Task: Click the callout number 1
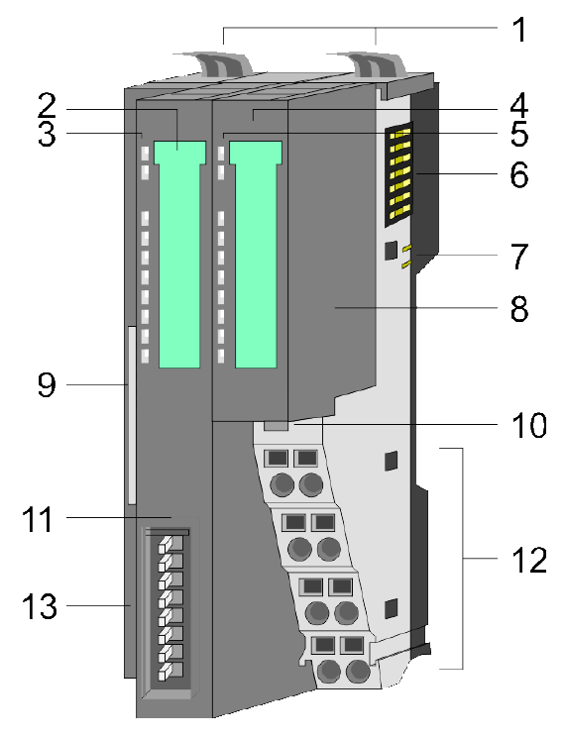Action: [x=519, y=30]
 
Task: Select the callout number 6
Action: [x=519, y=175]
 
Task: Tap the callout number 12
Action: [x=529, y=561]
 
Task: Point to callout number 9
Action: [x=47, y=385]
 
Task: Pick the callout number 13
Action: [x=39, y=606]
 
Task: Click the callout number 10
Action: [x=529, y=425]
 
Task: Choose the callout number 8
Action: [x=519, y=310]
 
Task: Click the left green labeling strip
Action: [x=179, y=255]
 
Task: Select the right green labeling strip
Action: [x=255, y=255]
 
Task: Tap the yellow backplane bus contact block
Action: [x=399, y=174]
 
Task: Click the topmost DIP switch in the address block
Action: [x=170, y=544]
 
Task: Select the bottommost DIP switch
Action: [x=170, y=671]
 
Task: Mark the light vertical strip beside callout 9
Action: [x=132, y=415]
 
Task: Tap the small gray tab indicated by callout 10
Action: [x=276, y=426]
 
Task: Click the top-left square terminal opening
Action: [x=278, y=458]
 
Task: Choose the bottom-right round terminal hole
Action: [x=359, y=671]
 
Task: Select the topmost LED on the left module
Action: [x=145, y=153]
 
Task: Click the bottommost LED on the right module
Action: [x=221, y=356]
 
